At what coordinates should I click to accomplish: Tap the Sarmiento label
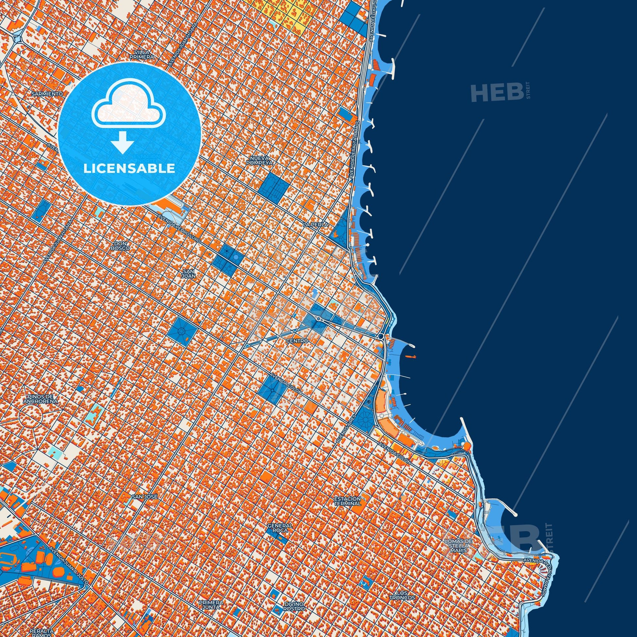point(47,94)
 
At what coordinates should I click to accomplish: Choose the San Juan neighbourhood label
point(189,273)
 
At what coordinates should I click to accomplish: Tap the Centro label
point(297,340)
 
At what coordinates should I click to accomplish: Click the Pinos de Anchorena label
point(41,399)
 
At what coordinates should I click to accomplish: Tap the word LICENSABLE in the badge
point(129,169)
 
